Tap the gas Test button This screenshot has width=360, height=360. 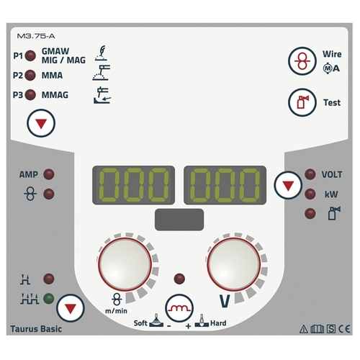pos(302,102)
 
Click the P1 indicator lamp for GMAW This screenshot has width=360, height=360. pos(30,55)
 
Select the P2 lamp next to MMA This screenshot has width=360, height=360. pos(30,75)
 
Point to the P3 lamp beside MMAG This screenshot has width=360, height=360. pos(30,94)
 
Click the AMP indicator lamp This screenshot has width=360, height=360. pos(49,174)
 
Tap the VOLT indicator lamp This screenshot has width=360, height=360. pos(310,174)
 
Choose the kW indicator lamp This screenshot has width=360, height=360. pos(310,194)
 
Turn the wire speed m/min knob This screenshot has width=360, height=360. pos(125,264)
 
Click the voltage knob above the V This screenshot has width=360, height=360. pos(234,264)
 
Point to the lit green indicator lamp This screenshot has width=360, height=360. pos(49,299)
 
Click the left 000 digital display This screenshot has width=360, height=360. pos(133,185)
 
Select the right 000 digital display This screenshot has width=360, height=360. pos(225,185)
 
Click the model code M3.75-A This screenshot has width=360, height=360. pos(36,36)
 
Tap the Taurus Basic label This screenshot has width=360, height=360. pos(36,329)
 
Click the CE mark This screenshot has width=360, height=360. pos(344,329)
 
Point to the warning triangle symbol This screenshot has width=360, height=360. pos(304,329)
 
